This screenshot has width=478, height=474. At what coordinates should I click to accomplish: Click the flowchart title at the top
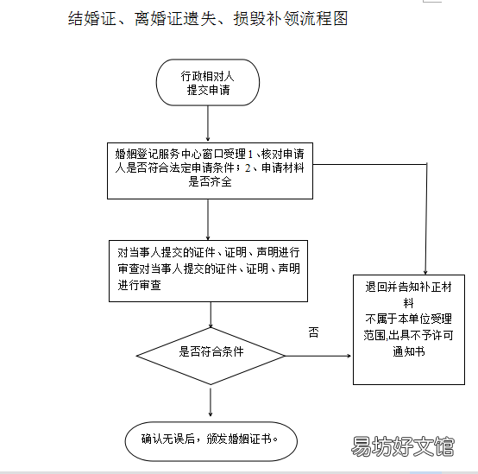pos(208,18)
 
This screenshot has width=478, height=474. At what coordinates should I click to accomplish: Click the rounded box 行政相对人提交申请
pos(208,82)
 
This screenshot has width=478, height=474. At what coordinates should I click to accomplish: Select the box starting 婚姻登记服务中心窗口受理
pos(210,171)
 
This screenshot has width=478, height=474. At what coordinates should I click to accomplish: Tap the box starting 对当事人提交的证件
pos(208,271)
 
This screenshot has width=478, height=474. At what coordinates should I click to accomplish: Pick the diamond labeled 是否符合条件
pos(211,356)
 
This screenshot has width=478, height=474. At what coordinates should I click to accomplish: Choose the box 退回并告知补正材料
pos(409,330)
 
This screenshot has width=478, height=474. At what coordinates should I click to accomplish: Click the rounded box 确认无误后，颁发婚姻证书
pos(211,441)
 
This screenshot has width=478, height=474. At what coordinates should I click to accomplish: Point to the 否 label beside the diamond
pos(314,332)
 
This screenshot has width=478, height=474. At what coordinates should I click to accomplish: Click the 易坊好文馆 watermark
pos(403,446)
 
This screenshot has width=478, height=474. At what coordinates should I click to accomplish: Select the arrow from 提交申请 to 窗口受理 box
pos(208,123)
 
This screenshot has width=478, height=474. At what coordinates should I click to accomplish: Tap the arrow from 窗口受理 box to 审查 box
pos(208,219)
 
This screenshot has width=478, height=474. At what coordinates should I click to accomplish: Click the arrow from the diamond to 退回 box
pos(318,356)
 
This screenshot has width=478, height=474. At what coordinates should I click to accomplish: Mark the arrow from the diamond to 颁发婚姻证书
pos(211,401)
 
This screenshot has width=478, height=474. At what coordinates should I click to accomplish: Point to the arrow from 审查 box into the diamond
pos(211,315)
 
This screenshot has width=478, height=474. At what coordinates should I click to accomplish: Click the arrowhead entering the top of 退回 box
pos(425,272)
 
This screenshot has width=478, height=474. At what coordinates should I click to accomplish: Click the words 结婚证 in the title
pos(92,18)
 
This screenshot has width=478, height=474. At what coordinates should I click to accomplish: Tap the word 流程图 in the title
pos(324,18)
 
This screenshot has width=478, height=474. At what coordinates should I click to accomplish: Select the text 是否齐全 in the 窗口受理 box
pos(210,182)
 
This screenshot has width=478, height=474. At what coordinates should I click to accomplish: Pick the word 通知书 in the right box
pos(409,351)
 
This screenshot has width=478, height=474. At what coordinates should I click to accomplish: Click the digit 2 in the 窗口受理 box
pos(248,167)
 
